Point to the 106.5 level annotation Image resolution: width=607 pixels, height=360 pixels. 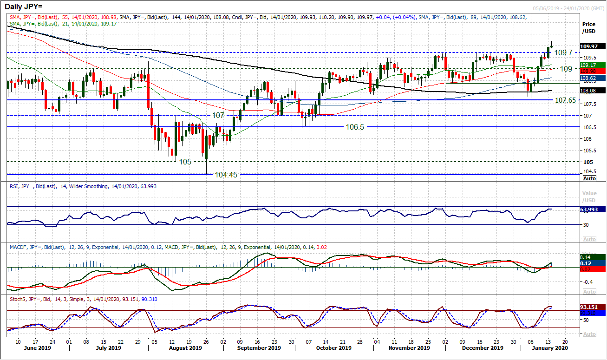point(356,127)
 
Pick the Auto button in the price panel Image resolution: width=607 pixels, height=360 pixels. point(589,178)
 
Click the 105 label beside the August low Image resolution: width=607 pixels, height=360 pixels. point(185,162)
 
